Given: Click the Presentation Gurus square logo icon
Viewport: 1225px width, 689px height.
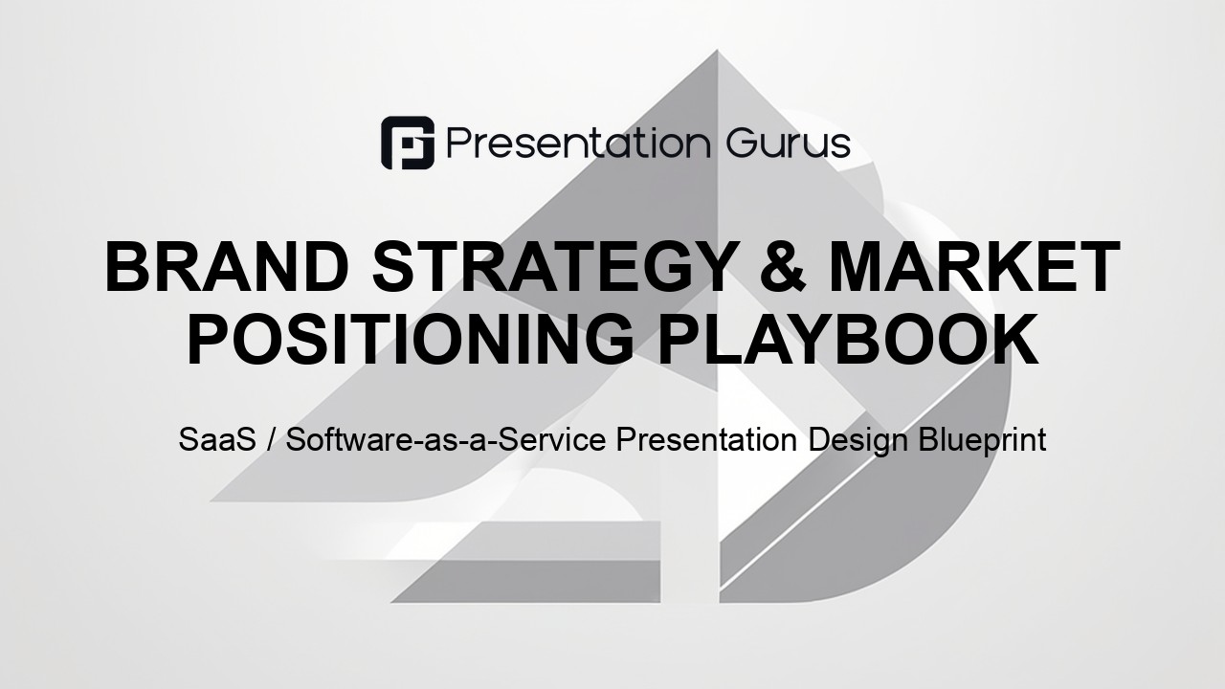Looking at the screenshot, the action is click(x=408, y=143).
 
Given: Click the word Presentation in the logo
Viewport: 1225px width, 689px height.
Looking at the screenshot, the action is click(x=579, y=144).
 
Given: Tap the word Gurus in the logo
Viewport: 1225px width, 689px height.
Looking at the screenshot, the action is click(x=789, y=144).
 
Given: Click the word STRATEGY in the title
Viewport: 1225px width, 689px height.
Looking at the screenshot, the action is click(x=552, y=267).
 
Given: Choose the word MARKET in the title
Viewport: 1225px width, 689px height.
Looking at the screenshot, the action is click(x=974, y=267).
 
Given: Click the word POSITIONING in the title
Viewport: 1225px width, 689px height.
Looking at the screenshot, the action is click(x=411, y=339).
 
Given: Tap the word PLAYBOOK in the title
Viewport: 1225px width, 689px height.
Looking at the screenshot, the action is click(x=848, y=339).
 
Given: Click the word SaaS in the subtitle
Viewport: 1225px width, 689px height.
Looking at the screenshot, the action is click(x=217, y=439).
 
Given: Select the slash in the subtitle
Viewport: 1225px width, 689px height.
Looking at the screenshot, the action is click(x=271, y=439).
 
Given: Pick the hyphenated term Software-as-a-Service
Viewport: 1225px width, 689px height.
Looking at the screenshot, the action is click(x=446, y=439).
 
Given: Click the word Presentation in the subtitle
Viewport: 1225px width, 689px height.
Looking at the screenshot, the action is click(x=706, y=439).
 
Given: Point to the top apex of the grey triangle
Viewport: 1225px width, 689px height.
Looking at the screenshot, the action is click(x=717, y=51).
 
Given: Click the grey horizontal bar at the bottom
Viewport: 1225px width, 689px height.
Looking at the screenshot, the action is click(x=525, y=581).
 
